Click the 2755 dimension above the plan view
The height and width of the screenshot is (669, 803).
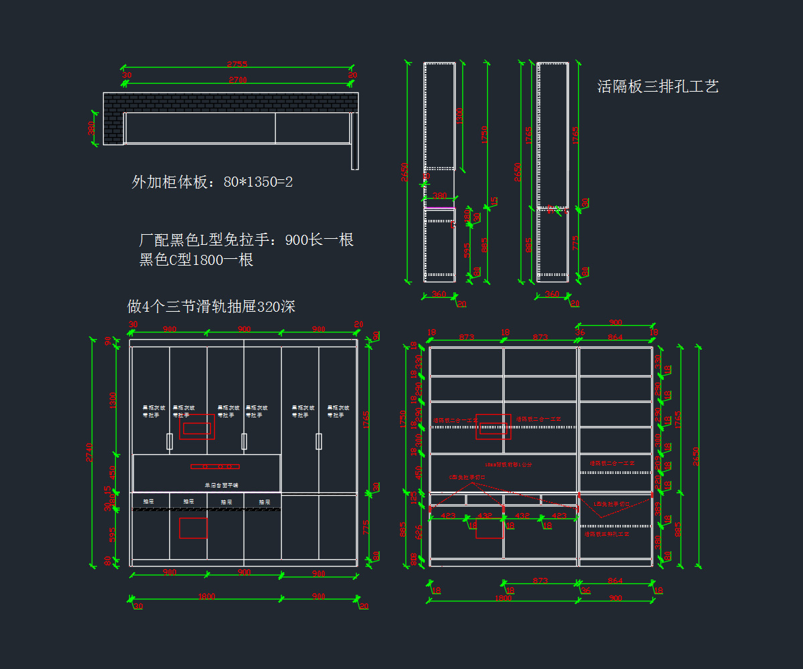click(x=238, y=64)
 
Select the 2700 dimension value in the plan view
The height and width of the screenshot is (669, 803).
click(x=238, y=80)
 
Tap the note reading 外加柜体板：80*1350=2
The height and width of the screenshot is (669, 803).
click(x=212, y=181)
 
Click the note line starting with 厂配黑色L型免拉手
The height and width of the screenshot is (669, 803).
click(x=246, y=240)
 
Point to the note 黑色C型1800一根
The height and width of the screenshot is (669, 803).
click(x=196, y=260)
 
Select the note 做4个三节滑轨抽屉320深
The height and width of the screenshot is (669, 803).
click(x=211, y=306)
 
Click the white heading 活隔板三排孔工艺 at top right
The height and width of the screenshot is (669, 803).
click(x=658, y=86)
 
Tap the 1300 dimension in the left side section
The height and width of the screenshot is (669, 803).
click(x=459, y=115)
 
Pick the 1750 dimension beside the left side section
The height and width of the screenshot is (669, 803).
click(x=484, y=134)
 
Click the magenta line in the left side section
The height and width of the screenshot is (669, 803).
click(x=440, y=208)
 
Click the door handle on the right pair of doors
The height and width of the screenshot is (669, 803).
click(x=319, y=441)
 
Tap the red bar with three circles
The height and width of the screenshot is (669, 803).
click(x=215, y=466)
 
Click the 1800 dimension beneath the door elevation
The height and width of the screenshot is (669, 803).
click(x=207, y=596)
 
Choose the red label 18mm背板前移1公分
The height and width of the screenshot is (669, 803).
click(x=505, y=464)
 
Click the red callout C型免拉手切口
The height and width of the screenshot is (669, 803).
click(x=467, y=477)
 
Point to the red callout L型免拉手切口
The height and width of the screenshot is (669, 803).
click(x=612, y=504)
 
